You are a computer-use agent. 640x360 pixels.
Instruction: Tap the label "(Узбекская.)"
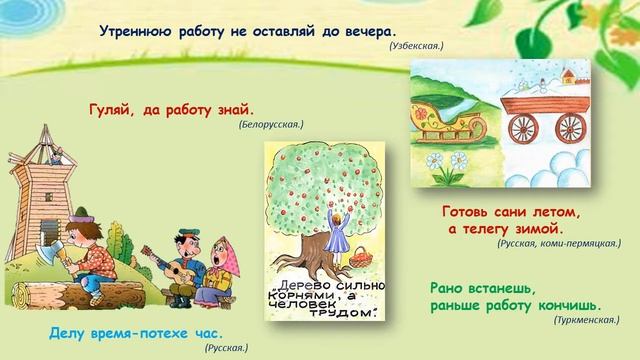[x=416, y=46]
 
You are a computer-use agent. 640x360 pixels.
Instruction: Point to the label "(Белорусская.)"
[x=271, y=125]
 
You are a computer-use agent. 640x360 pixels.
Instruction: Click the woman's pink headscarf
[x=223, y=246]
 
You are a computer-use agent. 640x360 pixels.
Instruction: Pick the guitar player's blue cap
[x=186, y=236]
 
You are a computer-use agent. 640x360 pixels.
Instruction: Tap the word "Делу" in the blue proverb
[x=71, y=331]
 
